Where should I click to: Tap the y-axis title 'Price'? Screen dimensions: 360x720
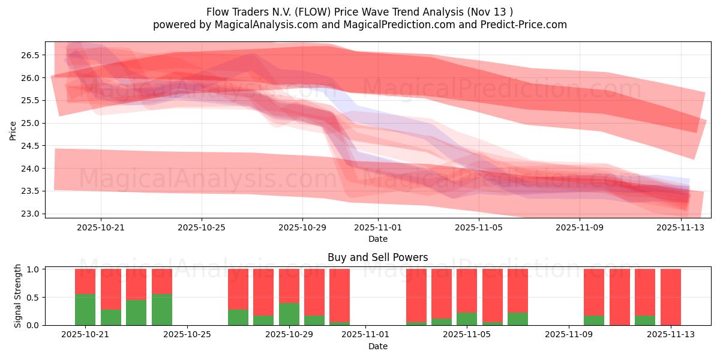click(x=13, y=130)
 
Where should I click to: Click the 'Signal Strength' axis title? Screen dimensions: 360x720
click(x=18, y=296)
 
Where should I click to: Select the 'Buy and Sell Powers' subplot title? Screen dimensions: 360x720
click(x=377, y=257)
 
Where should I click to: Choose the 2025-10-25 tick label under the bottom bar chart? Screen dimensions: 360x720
click(x=188, y=335)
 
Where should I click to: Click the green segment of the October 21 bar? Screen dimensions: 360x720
click(x=85, y=310)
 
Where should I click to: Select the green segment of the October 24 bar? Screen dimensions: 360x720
click(x=162, y=310)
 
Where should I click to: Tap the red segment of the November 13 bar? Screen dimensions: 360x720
click(x=671, y=296)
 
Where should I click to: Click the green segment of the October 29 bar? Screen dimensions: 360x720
click(x=289, y=314)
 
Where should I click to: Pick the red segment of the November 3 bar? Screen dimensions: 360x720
click(x=416, y=295)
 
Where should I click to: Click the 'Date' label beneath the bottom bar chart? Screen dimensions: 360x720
click(x=377, y=346)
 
